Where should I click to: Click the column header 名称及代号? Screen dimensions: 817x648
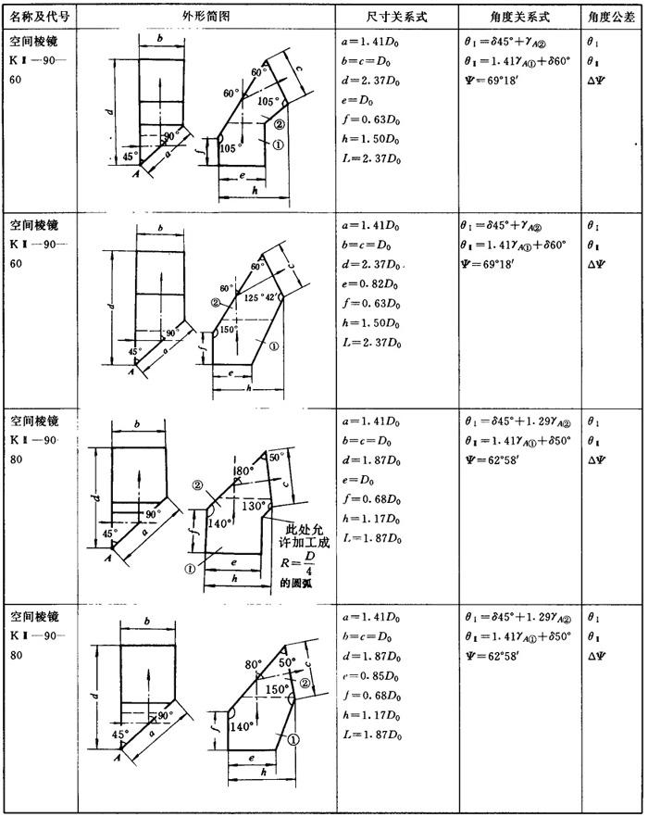point(38,17)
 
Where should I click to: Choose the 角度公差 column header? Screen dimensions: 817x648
point(611,17)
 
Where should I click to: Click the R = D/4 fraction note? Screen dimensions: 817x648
point(305,564)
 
